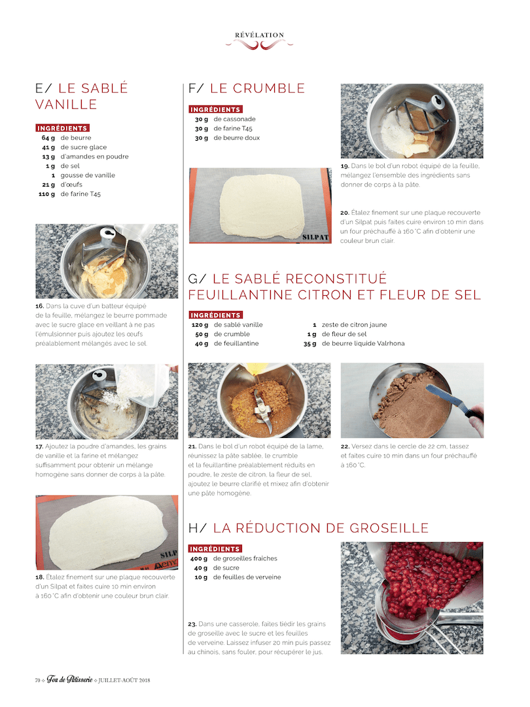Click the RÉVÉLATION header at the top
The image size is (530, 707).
[x=259, y=35]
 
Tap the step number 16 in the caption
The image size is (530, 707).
[x=40, y=306]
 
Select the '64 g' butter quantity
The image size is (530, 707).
[x=48, y=138]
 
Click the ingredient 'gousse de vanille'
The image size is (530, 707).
[x=88, y=175]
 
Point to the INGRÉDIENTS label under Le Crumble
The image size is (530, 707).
[x=215, y=109]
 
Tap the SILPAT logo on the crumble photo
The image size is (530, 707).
[x=315, y=237]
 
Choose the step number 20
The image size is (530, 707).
[x=345, y=212]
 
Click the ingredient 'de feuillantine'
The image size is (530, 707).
[x=236, y=344]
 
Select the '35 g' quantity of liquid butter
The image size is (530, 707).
[x=310, y=344]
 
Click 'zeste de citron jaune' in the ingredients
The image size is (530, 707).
[x=354, y=325]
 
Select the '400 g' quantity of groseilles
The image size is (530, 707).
[x=199, y=558]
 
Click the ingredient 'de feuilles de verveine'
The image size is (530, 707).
[x=247, y=577]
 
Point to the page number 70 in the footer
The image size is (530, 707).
[x=38, y=680]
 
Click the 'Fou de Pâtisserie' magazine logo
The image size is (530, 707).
[x=70, y=680]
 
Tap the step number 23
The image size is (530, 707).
[x=192, y=624]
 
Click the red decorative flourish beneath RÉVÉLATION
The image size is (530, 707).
[x=259, y=45]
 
